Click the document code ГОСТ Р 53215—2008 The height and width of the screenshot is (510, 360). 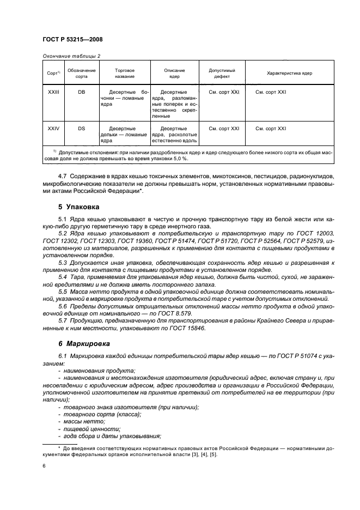click(72, 40)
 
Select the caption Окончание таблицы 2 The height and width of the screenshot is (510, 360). click(71, 56)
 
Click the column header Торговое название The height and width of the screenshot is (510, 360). click(125, 73)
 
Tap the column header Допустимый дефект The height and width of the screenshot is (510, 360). click(222, 73)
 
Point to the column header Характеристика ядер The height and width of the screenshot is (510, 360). click(289, 73)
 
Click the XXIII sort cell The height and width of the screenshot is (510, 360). click(53, 92)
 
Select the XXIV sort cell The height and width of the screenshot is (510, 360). click(53, 129)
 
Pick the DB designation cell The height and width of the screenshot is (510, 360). click(81, 92)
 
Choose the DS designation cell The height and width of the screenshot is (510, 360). click(81, 129)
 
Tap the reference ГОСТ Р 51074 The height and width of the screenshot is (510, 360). click(285, 356)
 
